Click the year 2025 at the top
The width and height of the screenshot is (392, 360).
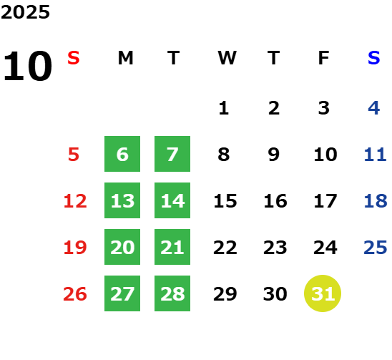(x=25, y=12)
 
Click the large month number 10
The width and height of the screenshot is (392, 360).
(x=28, y=66)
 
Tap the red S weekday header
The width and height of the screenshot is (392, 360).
(x=74, y=58)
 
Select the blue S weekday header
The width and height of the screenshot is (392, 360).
(x=373, y=58)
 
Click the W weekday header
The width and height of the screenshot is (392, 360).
(x=227, y=58)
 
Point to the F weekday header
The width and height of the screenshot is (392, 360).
(x=324, y=58)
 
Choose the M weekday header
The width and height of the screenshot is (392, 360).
(x=125, y=58)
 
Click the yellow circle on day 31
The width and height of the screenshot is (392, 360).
(x=323, y=293)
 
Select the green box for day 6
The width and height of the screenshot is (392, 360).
(x=122, y=154)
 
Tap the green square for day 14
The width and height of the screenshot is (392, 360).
(x=172, y=200)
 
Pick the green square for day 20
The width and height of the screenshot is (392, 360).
(x=122, y=247)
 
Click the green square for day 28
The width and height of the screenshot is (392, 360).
(x=172, y=293)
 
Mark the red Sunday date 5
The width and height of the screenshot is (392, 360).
(x=74, y=154)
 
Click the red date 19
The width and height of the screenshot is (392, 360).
(x=75, y=248)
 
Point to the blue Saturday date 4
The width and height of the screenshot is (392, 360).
(x=373, y=108)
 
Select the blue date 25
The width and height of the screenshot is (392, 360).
(x=376, y=248)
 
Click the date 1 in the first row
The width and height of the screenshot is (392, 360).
(x=223, y=108)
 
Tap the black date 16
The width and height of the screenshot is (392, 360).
(x=275, y=200)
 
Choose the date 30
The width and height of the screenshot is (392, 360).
(x=275, y=293)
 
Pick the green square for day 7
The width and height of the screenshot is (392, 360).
(x=172, y=154)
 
